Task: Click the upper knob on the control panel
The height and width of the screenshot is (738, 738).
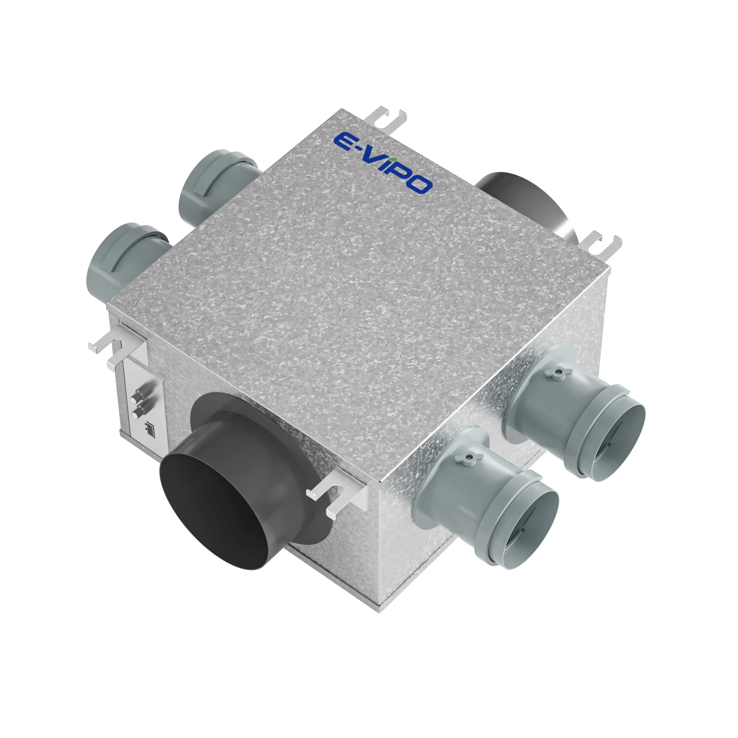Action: pos(136,397)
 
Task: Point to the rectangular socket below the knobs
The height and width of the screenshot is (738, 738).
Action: pos(150,429)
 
